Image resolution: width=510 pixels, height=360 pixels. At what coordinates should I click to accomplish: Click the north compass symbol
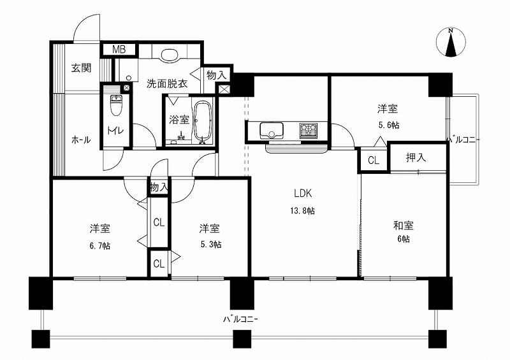pos(451,42)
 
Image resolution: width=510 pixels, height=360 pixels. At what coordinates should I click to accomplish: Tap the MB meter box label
pos(119,50)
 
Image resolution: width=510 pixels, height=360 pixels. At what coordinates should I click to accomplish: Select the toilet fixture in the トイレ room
pos(115,105)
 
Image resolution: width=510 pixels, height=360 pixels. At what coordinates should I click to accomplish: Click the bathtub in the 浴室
pos(203,122)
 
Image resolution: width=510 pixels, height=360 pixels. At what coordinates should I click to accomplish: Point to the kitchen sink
pos(272,131)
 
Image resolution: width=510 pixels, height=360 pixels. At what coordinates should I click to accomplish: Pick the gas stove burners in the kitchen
pos(309,131)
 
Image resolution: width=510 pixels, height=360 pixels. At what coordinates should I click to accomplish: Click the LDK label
pos(303,194)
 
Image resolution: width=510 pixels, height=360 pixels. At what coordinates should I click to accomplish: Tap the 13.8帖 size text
pos(302,211)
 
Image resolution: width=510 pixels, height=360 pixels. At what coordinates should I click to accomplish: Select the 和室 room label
pos(404,226)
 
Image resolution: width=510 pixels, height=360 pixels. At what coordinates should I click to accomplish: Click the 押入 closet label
pos(416,158)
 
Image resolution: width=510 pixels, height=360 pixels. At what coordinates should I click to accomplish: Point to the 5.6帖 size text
pos(388,125)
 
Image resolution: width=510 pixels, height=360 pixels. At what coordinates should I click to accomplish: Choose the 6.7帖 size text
pos(100,245)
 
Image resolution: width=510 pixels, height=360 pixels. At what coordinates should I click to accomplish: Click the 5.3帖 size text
pos(211,244)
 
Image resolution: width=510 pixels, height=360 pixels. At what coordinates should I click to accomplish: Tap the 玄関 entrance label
pos(82,68)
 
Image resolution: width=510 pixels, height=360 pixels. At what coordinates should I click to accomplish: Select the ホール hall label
pos(81,140)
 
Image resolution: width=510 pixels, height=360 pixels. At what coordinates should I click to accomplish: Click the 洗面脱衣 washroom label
pos(167,83)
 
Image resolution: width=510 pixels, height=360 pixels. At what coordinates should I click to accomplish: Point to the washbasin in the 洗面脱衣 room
pos(169,54)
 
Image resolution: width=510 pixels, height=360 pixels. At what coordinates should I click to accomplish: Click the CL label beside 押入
pos(374,160)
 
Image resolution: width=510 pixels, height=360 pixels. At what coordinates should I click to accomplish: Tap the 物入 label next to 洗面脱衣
pos(216,75)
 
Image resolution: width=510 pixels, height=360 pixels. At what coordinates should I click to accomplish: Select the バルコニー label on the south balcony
pos(240,319)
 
